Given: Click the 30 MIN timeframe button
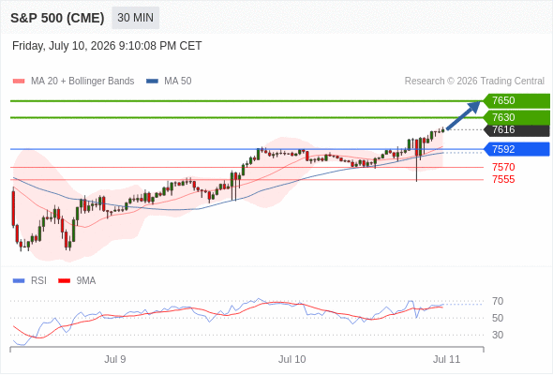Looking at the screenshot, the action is [135, 18].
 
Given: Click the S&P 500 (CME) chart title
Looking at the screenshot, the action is [57, 18].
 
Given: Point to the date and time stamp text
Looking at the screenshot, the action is [107, 46].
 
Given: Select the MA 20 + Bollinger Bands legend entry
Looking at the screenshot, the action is [73, 82].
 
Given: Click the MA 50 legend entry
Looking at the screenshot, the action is [169, 82].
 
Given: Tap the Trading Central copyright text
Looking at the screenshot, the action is [474, 82].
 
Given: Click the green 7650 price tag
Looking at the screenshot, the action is [516, 100].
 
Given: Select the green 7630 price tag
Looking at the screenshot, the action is [516, 117].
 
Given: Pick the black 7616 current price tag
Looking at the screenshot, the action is [516, 129].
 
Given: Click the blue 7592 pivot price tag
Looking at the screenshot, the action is [516, 149].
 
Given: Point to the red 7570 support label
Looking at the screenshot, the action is [503, 167].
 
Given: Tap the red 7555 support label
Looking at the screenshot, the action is [503, 179].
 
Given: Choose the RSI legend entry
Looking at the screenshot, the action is [30, 281].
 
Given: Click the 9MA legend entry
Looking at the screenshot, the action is [77, 281].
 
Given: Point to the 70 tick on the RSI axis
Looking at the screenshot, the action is [498, 301].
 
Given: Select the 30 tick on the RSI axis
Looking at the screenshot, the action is [498, 335].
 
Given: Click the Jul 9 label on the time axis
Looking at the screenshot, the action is [115, 359].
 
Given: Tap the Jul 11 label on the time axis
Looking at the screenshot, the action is [446, 359].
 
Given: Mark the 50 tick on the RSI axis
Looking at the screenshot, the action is [498, 318].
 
